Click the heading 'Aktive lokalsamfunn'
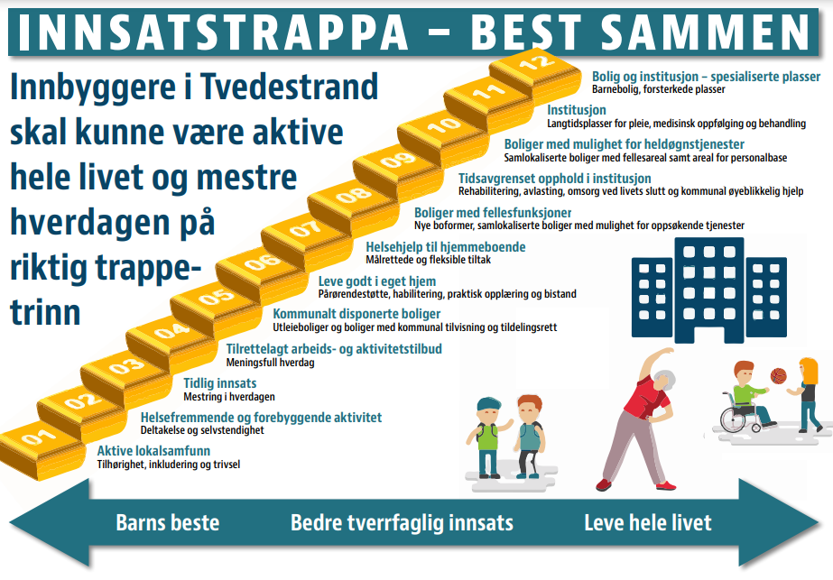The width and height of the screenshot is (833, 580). click(153, 451)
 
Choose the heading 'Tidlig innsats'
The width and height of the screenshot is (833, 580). click(220, 383)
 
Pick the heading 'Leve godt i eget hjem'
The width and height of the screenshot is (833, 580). click(377, 281)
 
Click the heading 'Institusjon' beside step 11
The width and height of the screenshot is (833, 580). click(577, 110)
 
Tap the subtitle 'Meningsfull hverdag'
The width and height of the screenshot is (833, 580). click(271, 363)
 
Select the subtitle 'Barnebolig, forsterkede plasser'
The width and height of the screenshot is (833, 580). click(658, 89)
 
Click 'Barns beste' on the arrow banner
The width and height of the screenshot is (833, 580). click(167, 522)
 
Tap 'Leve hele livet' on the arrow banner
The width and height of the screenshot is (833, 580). click(648, 522)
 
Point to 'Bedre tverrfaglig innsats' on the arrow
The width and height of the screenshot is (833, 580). click(402, 523)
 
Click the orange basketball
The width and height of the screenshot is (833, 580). click(778, 376)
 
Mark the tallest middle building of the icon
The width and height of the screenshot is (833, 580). click(709, 290)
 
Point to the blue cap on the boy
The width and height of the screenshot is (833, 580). click(489, 404)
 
